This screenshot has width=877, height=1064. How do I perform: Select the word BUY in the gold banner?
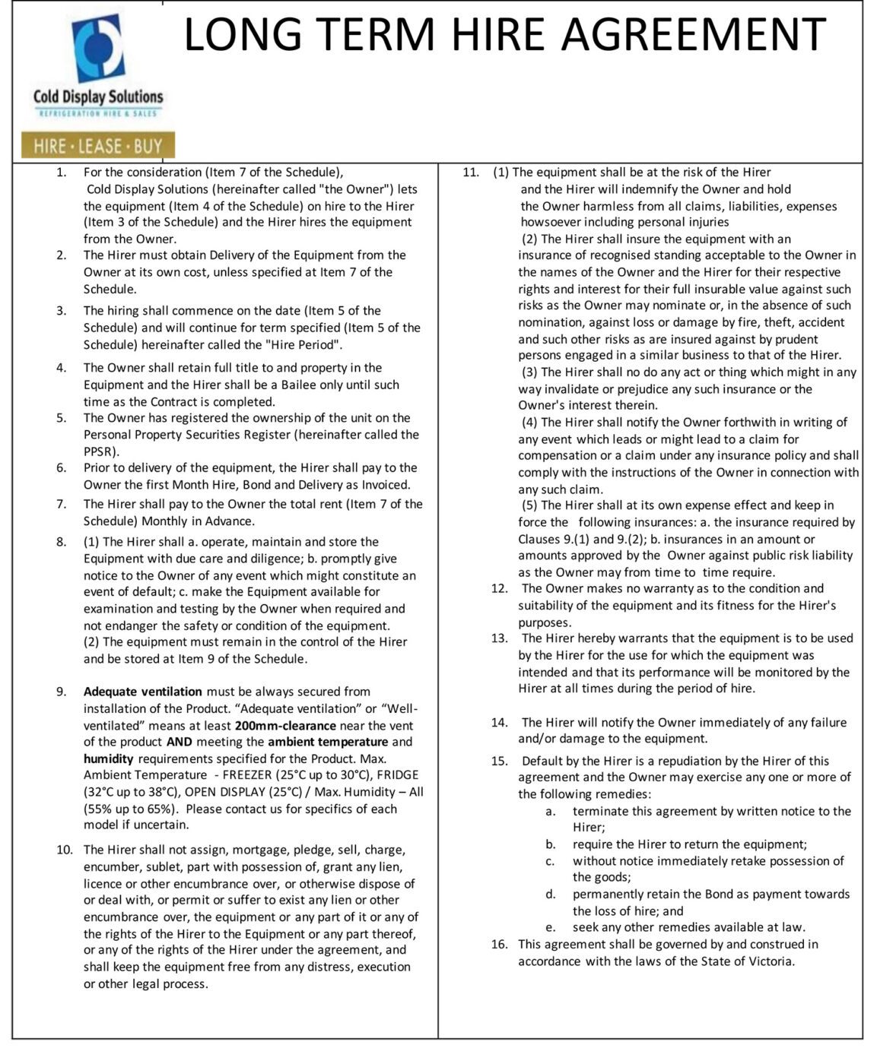point(149,145)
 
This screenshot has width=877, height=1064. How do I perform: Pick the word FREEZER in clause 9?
point(251,775)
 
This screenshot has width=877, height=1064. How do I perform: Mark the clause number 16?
point(499,944)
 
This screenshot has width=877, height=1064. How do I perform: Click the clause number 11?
point(471,173)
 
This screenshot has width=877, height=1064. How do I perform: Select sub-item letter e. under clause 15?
point(550,927)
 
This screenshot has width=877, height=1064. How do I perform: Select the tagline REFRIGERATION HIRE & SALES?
point(98,113)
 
